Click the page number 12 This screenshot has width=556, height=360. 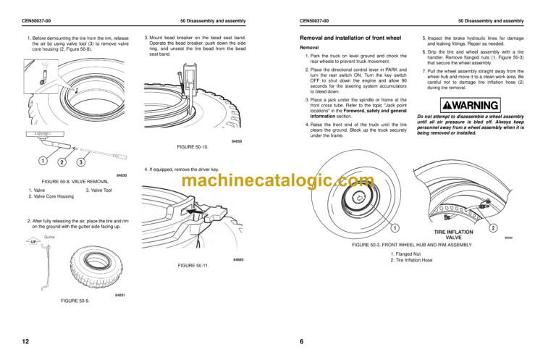[x=25, y=340]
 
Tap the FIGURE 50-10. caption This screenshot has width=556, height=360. [x=191, y=146]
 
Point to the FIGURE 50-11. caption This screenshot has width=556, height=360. [x=193, y=266]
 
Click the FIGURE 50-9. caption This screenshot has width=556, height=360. [x=75, y=300]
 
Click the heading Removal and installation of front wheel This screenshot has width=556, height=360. [x=351, y=36]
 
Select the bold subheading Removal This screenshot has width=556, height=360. [x=311, y=47]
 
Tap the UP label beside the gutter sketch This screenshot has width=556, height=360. [x=33, y=242]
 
